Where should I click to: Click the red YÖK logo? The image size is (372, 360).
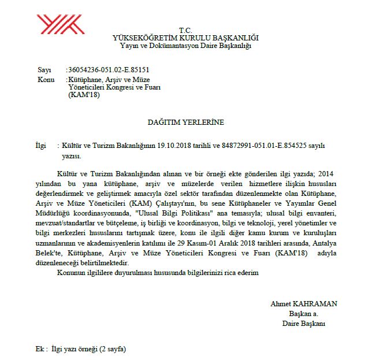pyautogui.click(x=61, y=24)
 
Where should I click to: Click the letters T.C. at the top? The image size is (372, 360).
pyautogui.click(x=185, y=30)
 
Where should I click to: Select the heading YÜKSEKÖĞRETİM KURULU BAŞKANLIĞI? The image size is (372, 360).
pyautogui.click(x=185, y=38)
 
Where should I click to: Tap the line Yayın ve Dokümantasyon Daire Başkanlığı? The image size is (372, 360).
pyautogui.click(x=185, y=45)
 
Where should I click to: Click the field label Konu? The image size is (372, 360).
pyautogui.click(x=46, y=80)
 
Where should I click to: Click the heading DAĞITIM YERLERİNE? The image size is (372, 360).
pyautogui.click(x=185, y=123)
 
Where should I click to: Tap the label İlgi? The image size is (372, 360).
pyautogui.click(x=41, y=147)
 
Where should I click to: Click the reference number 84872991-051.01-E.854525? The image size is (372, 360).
pyautogui.click(x=262, y=147)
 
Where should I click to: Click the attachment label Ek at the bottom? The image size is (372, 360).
pyautogui.click(x=40, y=350)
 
